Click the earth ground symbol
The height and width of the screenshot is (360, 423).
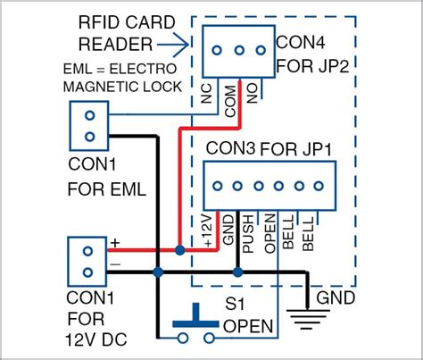click(307, 315)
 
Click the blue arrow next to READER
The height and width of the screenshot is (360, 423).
click(181, 40)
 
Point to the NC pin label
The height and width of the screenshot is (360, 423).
click(207, 94)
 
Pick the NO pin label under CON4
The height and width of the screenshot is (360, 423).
click(253, 92)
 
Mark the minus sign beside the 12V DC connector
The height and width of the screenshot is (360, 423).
click(114, 264)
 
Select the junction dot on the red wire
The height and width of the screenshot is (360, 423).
click(181, 252)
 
